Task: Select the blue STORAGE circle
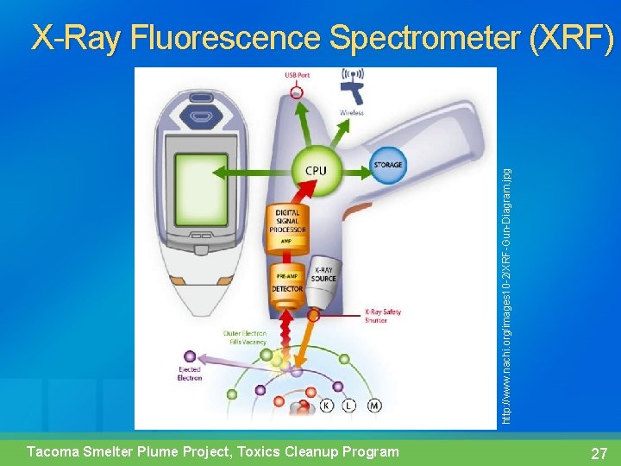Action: point(387,164)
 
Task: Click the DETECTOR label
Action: point(287,289)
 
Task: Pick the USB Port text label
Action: point(298,75)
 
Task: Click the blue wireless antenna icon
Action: point(351,82)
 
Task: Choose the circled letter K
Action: point(327,405)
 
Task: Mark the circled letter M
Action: point(374,405)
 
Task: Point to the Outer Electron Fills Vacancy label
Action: point(245,337)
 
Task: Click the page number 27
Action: point(599,453)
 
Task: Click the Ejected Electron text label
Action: point(189,374)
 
